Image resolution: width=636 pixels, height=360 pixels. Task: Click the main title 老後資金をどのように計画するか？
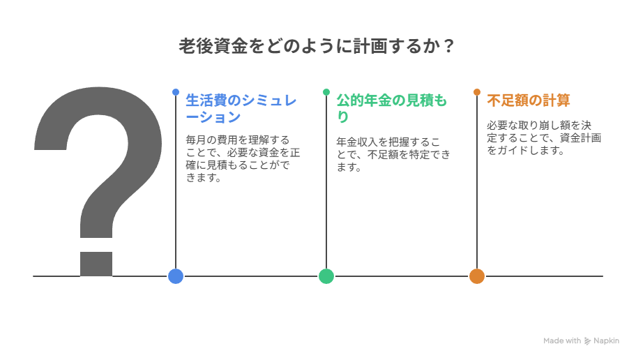pos(317,46)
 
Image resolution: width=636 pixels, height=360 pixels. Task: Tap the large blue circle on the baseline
pos(176,276)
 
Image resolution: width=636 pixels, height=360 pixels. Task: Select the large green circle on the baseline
pos(326,276)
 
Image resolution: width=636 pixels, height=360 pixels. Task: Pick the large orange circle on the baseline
pos(477,276)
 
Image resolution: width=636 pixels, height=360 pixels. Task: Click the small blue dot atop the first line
pos(176,92)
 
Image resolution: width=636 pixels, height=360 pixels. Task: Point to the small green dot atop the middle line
pos(326,92)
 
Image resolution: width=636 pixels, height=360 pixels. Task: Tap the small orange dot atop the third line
pos(477,92)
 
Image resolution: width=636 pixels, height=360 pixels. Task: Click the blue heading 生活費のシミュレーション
pos(241,108)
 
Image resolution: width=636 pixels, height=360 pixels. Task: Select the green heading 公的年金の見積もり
pos(391,108)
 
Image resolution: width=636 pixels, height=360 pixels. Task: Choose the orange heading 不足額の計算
pos(529,100)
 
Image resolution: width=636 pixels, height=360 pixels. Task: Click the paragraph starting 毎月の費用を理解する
pos(243,158)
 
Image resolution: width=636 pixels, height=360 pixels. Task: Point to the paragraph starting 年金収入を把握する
pos(393,154)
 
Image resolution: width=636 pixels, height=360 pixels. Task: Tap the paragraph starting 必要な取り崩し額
pos(544,137)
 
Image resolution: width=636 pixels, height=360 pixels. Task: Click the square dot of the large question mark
pos(96,264)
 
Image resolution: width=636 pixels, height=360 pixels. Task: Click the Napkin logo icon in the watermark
pos(587,341)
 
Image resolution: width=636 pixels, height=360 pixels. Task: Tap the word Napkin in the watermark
pos(607,341)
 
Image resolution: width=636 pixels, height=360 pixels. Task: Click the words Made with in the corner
pos(562,341)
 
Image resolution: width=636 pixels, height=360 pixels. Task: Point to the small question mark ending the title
pos(448,46)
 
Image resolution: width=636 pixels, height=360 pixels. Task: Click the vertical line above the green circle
pos(326,182)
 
